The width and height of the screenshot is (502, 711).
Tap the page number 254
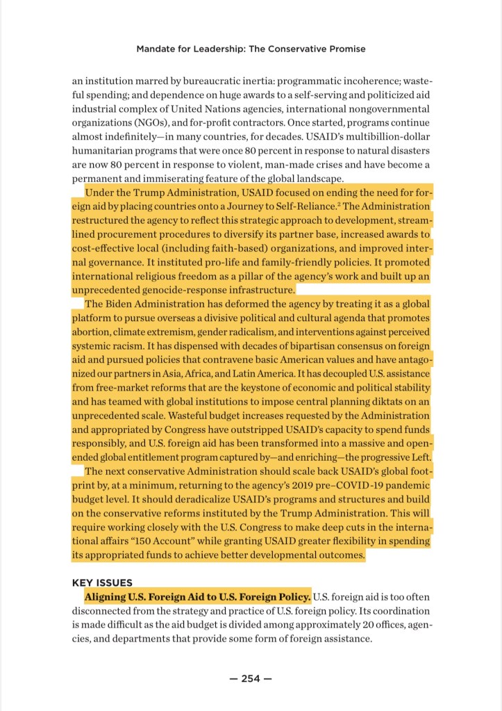coord(251,679)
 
